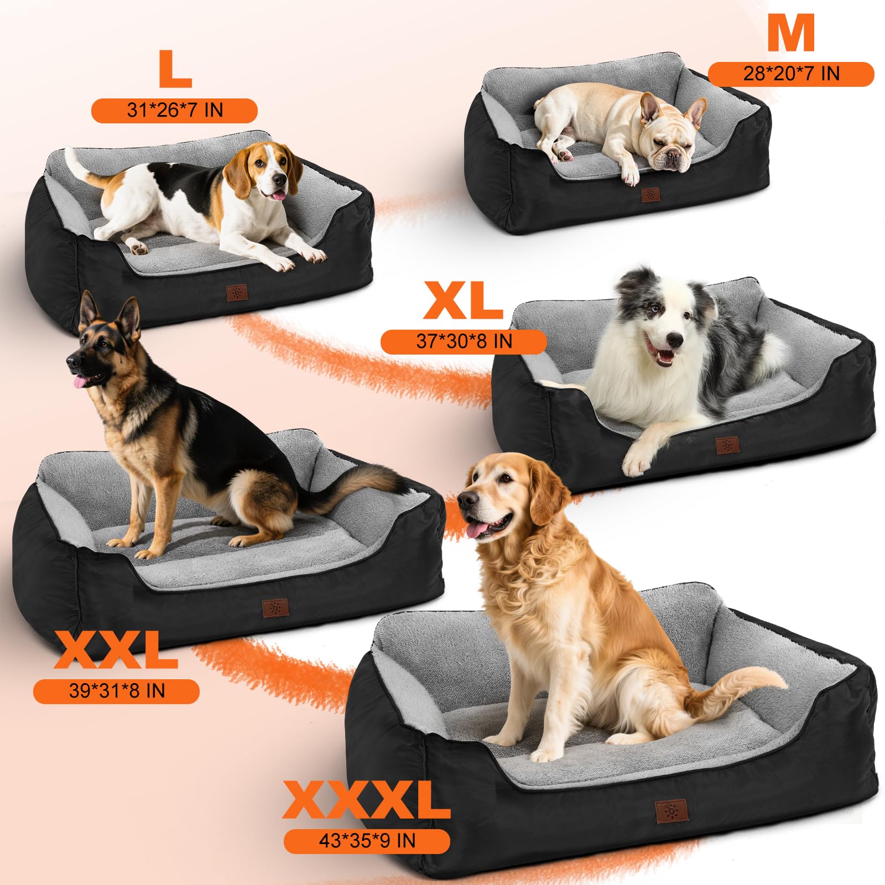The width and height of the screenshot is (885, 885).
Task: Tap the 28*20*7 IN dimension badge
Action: pos(791,74)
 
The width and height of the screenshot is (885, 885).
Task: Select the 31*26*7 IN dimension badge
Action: pos(174,110)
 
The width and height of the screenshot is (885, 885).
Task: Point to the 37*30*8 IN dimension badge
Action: pos(464,341)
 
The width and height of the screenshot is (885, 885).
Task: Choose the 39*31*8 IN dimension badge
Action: pos(116,691)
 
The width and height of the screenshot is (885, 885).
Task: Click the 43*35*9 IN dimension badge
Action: pos(367,841)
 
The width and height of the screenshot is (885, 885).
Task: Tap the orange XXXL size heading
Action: pos(366,800)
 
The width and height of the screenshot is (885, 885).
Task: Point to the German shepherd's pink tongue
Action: pos(81,382)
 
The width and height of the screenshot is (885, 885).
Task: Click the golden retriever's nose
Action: pos(466,500)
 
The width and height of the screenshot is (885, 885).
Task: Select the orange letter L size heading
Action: pos(175,69)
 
